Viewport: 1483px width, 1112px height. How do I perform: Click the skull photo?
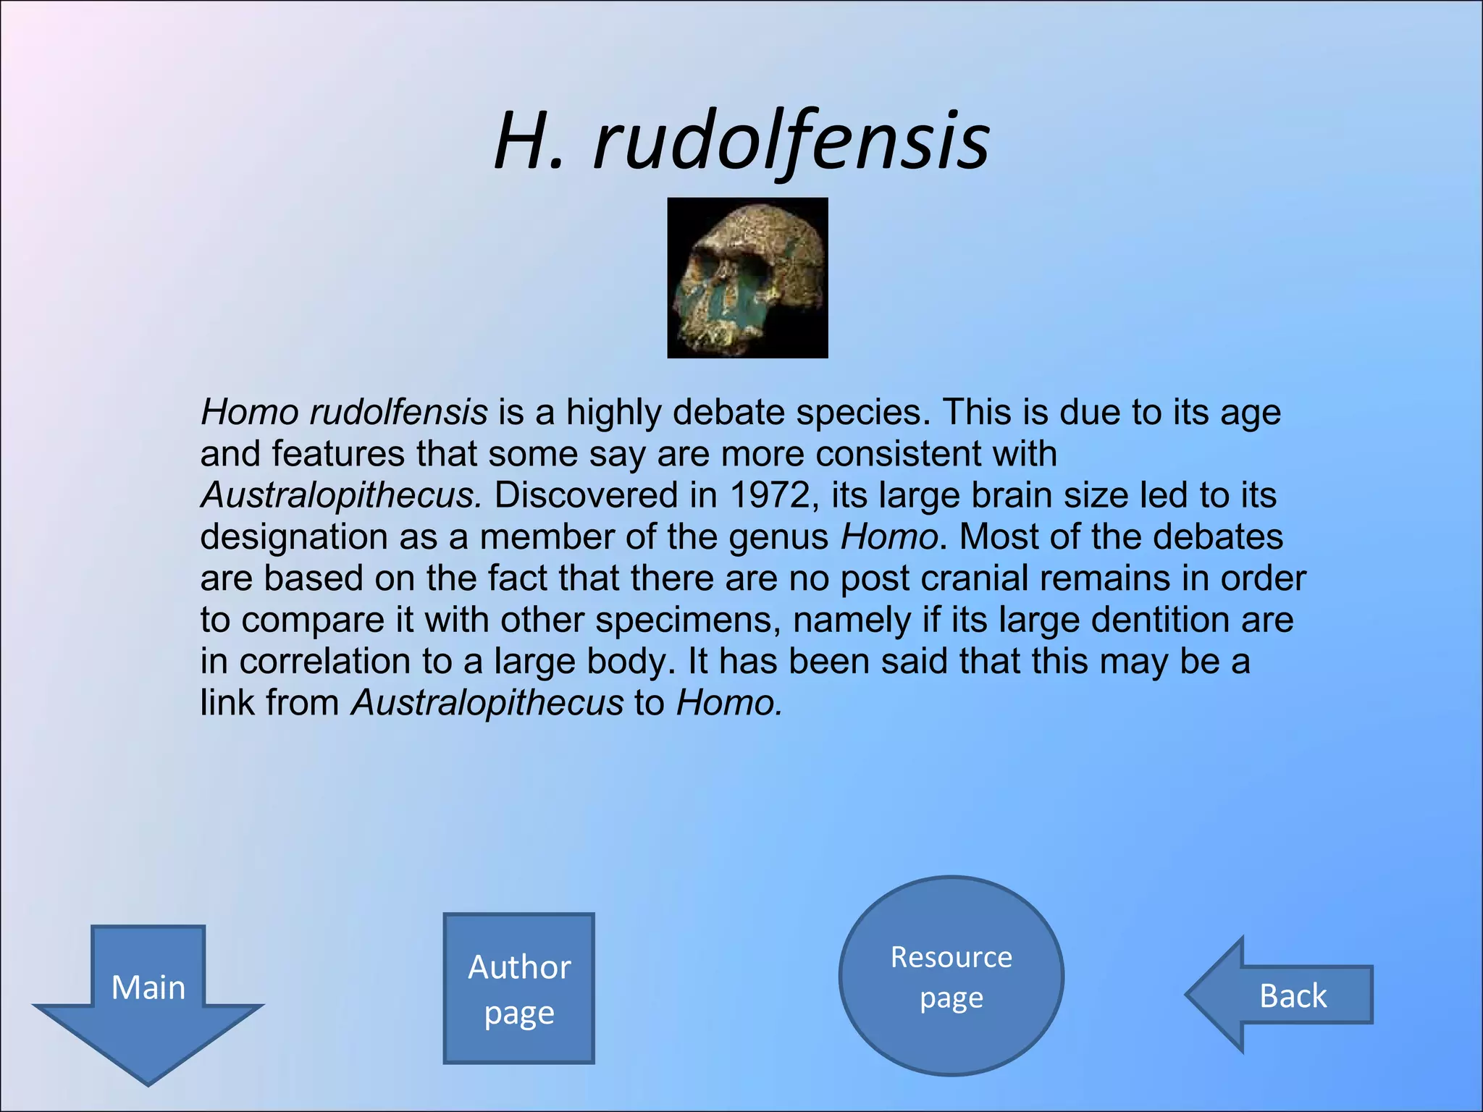[x=747, y=278]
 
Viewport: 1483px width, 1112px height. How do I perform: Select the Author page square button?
[x=518, y=988]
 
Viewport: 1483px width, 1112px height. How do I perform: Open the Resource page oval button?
[x=951, y=976]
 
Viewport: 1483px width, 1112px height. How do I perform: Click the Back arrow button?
[x=1282, y=995]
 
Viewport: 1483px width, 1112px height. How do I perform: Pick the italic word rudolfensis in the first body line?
[x=398, y=413]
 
